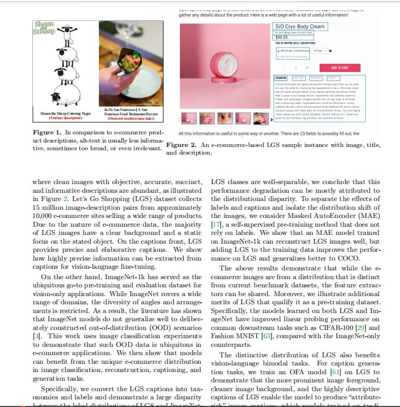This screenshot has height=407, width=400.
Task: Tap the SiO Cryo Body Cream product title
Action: coord(300,26)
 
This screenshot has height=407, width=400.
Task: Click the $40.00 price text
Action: coord(281,37)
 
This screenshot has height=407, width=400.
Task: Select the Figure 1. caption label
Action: coord(47,133)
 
